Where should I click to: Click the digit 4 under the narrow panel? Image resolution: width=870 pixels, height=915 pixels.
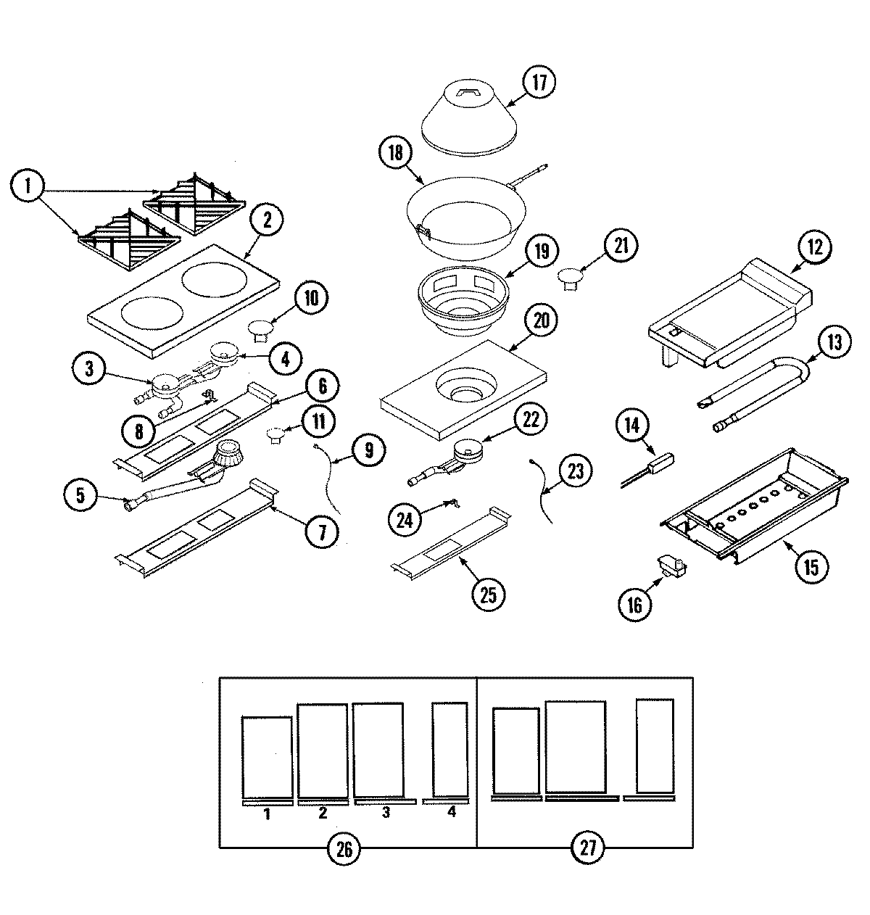(452, 813)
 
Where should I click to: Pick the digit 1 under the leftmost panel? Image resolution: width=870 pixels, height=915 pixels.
(267, 814)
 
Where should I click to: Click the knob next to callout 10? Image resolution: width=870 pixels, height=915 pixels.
(260, 331)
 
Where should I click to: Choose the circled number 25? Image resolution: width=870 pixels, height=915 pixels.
(489, 595)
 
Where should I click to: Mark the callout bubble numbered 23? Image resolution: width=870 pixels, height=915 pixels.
(575, 472)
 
